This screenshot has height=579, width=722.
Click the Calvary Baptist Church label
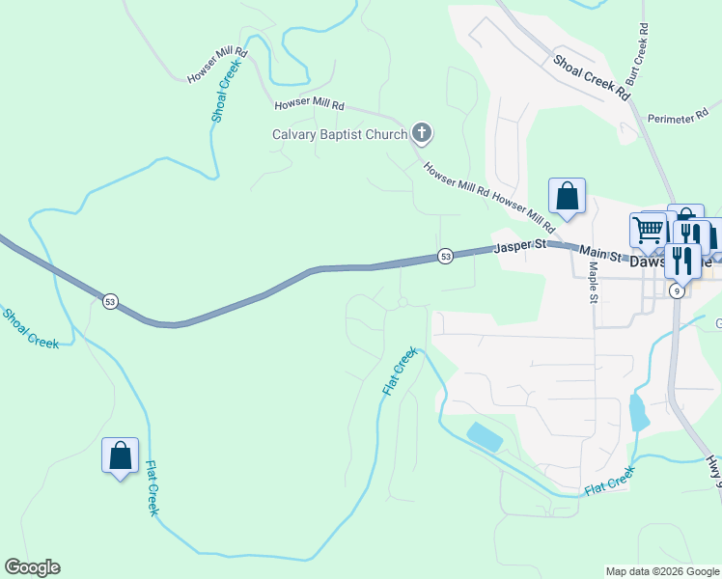340,134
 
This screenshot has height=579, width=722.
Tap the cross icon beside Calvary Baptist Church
421,132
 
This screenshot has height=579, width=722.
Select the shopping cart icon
648,230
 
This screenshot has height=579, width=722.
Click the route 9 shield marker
678,290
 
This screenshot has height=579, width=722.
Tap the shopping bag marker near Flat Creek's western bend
121,455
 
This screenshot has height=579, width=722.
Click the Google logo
32,567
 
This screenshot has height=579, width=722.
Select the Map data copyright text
663,571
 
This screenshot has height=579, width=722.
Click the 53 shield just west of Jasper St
445,257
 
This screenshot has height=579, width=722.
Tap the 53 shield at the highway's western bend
110,302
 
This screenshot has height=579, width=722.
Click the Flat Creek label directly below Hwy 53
400,372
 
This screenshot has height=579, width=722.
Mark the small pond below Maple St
638,412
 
